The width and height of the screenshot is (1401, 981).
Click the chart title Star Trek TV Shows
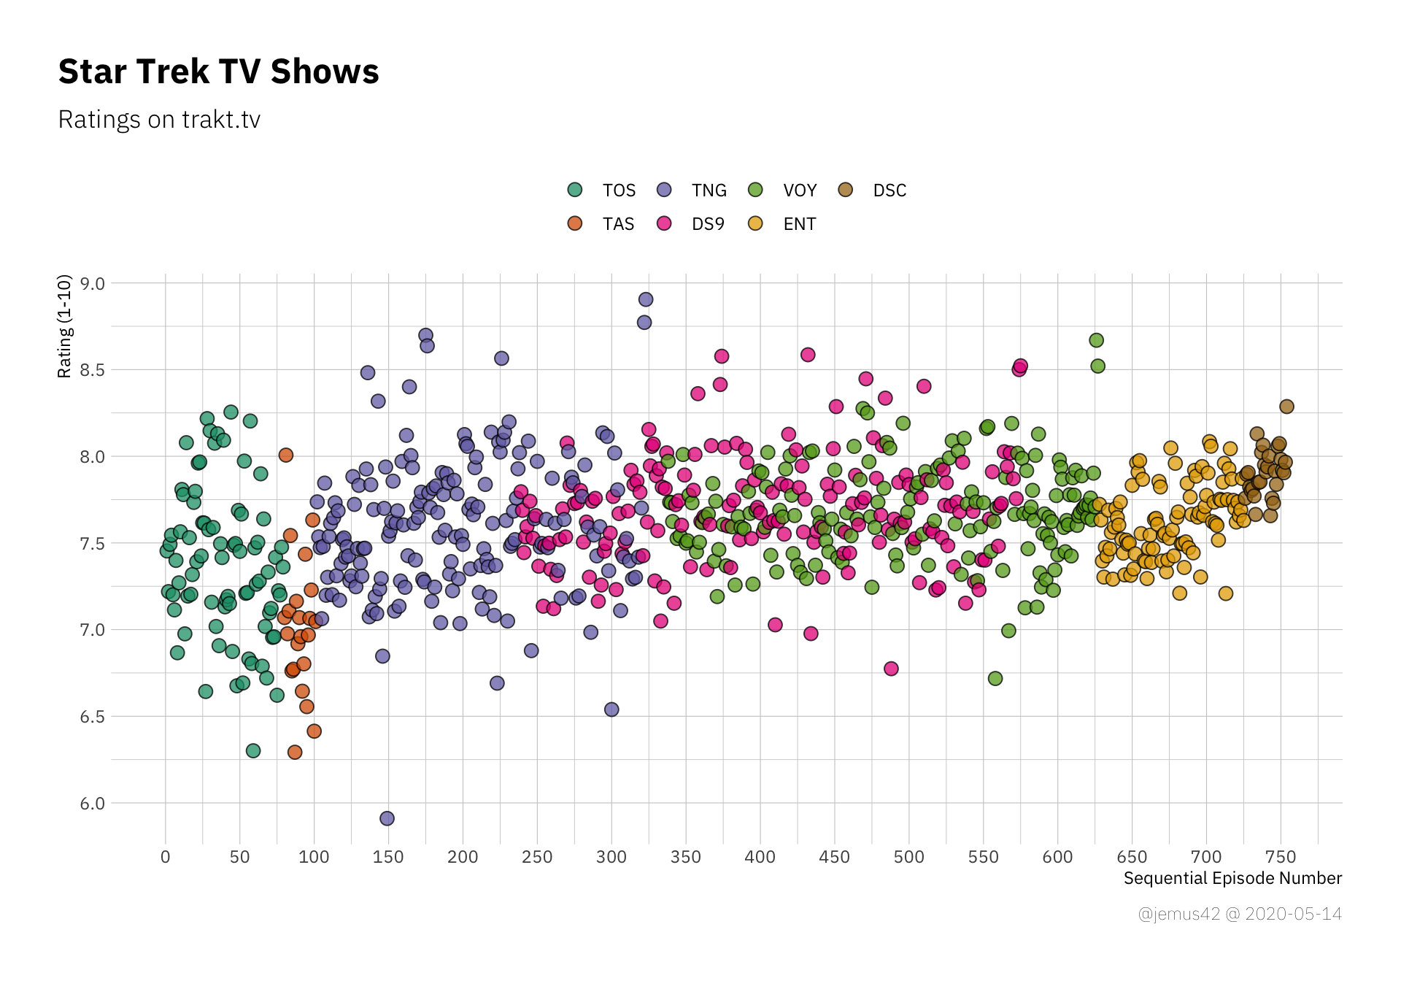218,72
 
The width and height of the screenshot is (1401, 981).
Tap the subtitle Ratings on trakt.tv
159,120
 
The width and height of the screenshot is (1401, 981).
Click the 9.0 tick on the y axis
93,283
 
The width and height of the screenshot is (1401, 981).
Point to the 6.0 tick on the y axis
93,804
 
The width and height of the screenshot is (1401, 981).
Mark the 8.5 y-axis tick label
93,370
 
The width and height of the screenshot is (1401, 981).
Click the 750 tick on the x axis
1281,857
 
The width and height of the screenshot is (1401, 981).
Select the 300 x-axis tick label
611,857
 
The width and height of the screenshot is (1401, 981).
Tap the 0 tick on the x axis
165,857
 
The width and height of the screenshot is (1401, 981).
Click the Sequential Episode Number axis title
1232,878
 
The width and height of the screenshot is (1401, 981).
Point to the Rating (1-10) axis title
65,326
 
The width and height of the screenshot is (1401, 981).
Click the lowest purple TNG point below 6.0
387,818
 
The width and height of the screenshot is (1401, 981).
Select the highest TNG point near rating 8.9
646,299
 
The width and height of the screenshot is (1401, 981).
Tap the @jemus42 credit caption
1240,914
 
